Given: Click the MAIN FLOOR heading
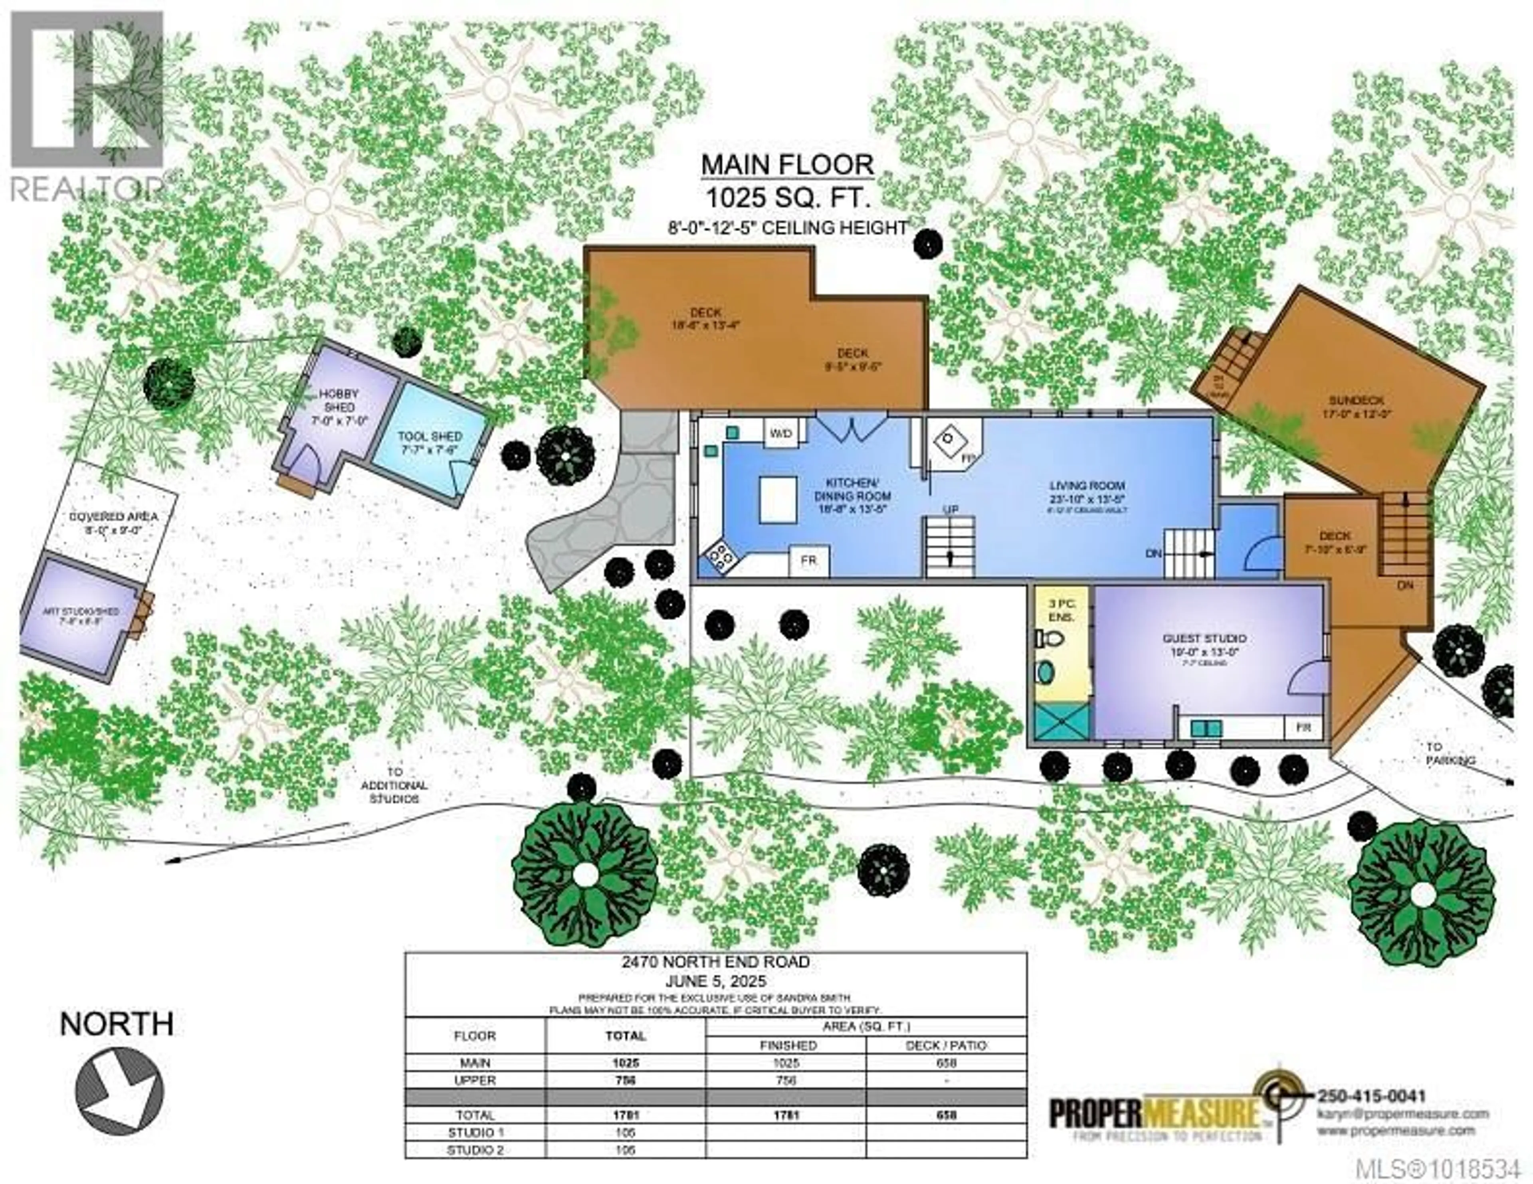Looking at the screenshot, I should [x=788, y=166].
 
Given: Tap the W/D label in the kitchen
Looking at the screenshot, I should [x=780, y=434].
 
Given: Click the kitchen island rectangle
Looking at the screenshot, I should [x=778, y=499].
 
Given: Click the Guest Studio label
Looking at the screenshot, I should [x=1204, y=638].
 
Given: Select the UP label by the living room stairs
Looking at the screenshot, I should [x=951, y=509].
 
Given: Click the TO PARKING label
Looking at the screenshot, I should [x=1449, y=753].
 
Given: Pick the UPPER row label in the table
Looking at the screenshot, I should [x=475, y=1080].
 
